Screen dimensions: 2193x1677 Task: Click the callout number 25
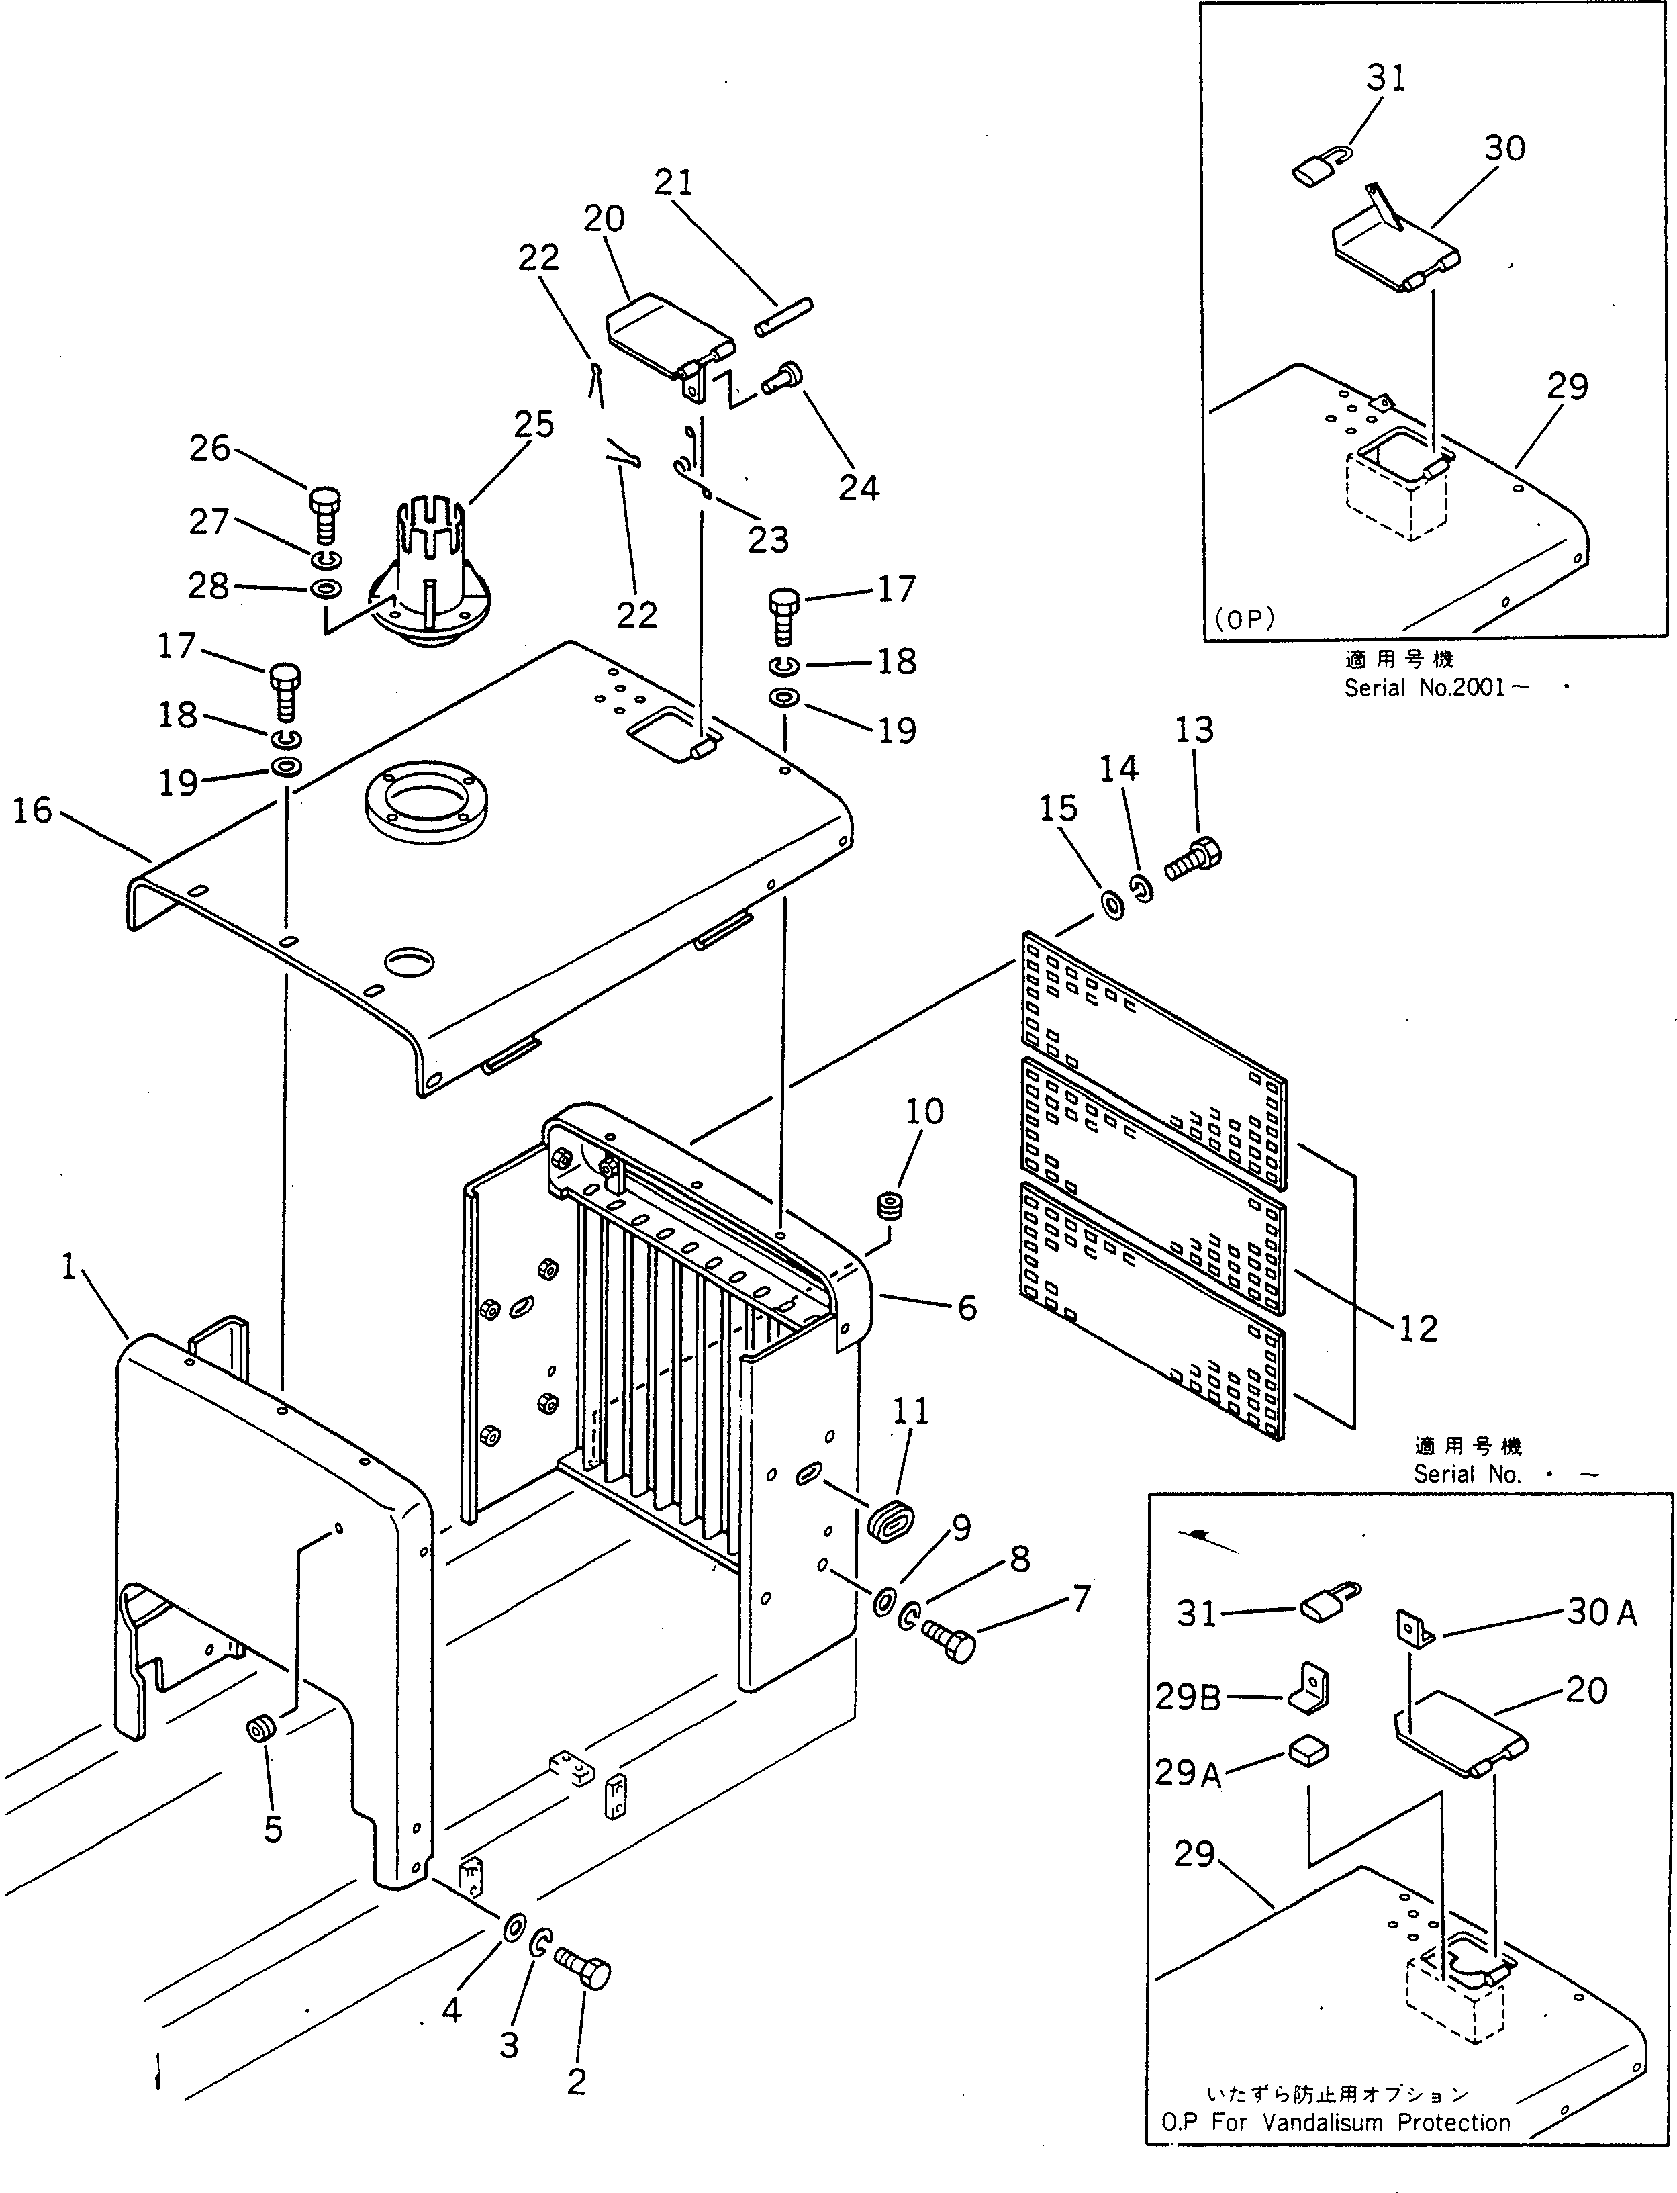(x=534, y=425)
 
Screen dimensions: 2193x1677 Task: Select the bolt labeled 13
(x=1194, y=859)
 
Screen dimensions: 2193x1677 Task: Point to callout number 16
(x=32, y=810)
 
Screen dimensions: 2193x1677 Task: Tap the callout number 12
(x=1417, y=1327)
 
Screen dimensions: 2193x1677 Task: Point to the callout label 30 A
(x=1601, y=1612)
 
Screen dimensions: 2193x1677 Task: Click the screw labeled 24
(x=783, y=379)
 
